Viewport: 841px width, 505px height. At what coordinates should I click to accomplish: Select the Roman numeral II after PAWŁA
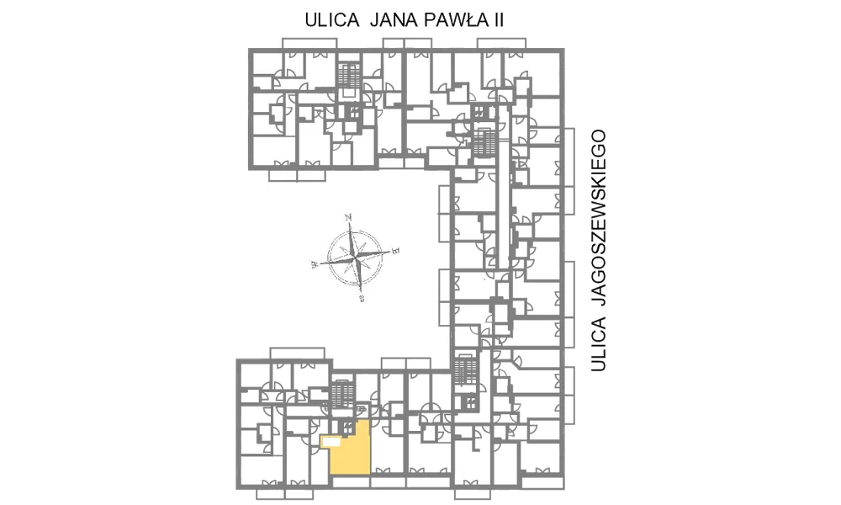point(498,20)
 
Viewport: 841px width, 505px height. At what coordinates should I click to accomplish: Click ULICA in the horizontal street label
point(332,20)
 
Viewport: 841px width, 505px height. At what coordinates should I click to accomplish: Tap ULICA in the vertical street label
point(599,344)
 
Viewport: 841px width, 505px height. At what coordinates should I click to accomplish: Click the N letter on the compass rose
point(348,217)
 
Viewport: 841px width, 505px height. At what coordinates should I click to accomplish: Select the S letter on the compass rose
point(362,299)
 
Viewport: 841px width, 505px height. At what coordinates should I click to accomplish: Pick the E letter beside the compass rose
point(396,250)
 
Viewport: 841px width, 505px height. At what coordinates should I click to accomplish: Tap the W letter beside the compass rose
point(315,264)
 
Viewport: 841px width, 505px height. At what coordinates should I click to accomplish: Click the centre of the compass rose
point(355,258)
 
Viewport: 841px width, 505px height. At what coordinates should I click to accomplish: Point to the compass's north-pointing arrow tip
point(350,223)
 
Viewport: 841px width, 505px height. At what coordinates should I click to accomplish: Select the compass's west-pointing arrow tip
point(320,263)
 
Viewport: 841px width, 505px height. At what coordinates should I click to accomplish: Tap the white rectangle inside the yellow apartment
point(331,442)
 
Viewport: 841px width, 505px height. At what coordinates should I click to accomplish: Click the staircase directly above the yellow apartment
point(342,394)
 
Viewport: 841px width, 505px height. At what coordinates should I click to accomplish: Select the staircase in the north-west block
point(347,74)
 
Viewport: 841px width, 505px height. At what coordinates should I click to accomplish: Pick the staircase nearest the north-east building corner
point(484,141)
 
